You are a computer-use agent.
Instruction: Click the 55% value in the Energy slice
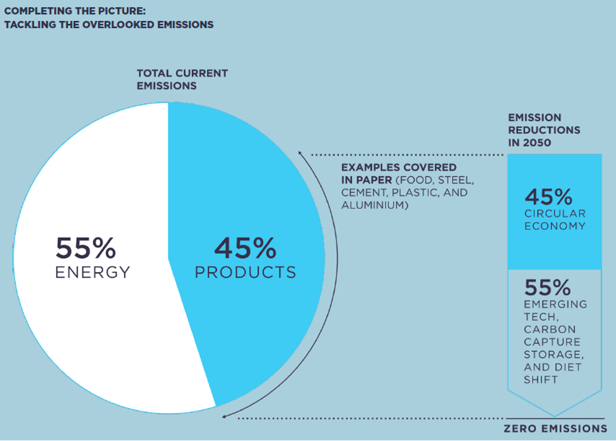pos(85,248)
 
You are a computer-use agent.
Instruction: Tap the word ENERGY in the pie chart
pos(93,272)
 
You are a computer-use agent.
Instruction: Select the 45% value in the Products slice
pos(245,248)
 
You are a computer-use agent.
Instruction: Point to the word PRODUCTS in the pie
pos(245,272)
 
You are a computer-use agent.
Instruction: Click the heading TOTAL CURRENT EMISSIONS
pos(182,79)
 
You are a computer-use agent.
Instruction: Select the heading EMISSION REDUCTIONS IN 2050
pos(543,130)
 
